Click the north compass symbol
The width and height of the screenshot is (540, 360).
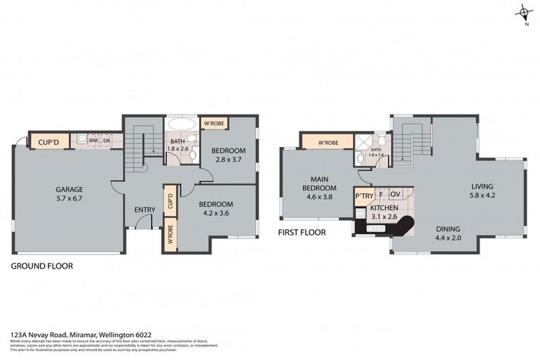(x=524, y=12)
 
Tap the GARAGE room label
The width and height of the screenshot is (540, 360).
(x=70, y=189)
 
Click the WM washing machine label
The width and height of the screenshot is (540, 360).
(x=93, y=140)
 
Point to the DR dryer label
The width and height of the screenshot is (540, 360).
(x=107, y=140)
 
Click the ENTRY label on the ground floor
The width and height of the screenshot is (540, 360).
(x=145, y=209)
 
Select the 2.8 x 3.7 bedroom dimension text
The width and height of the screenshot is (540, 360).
(x=229, y=160)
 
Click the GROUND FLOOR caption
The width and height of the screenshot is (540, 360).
(x=41, y=266)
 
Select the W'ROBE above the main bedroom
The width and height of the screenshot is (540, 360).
(x=328, y=143)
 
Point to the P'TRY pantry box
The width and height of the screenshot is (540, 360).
(x=364, y=195)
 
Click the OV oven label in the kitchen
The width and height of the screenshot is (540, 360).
(x=395, y=194)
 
